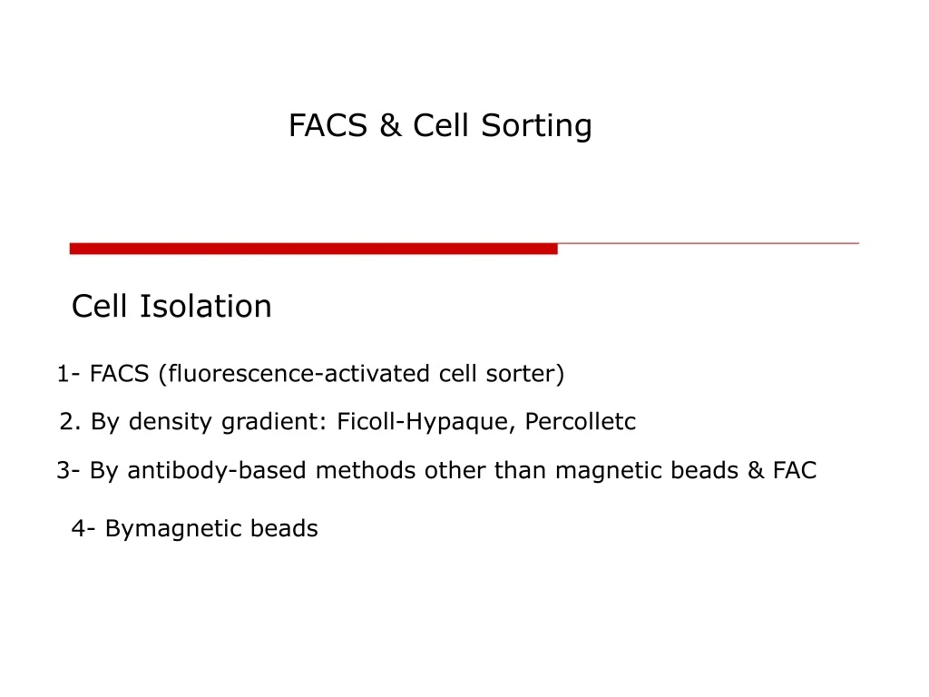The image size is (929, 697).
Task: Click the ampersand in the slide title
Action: tap(390, 126)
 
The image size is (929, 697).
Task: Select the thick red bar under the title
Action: tap(313, 248)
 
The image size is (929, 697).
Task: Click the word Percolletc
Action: tap(581, 422)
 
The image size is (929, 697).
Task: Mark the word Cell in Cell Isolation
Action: tap(101, 307)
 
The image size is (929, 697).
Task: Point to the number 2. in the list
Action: tap(72, 422)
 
